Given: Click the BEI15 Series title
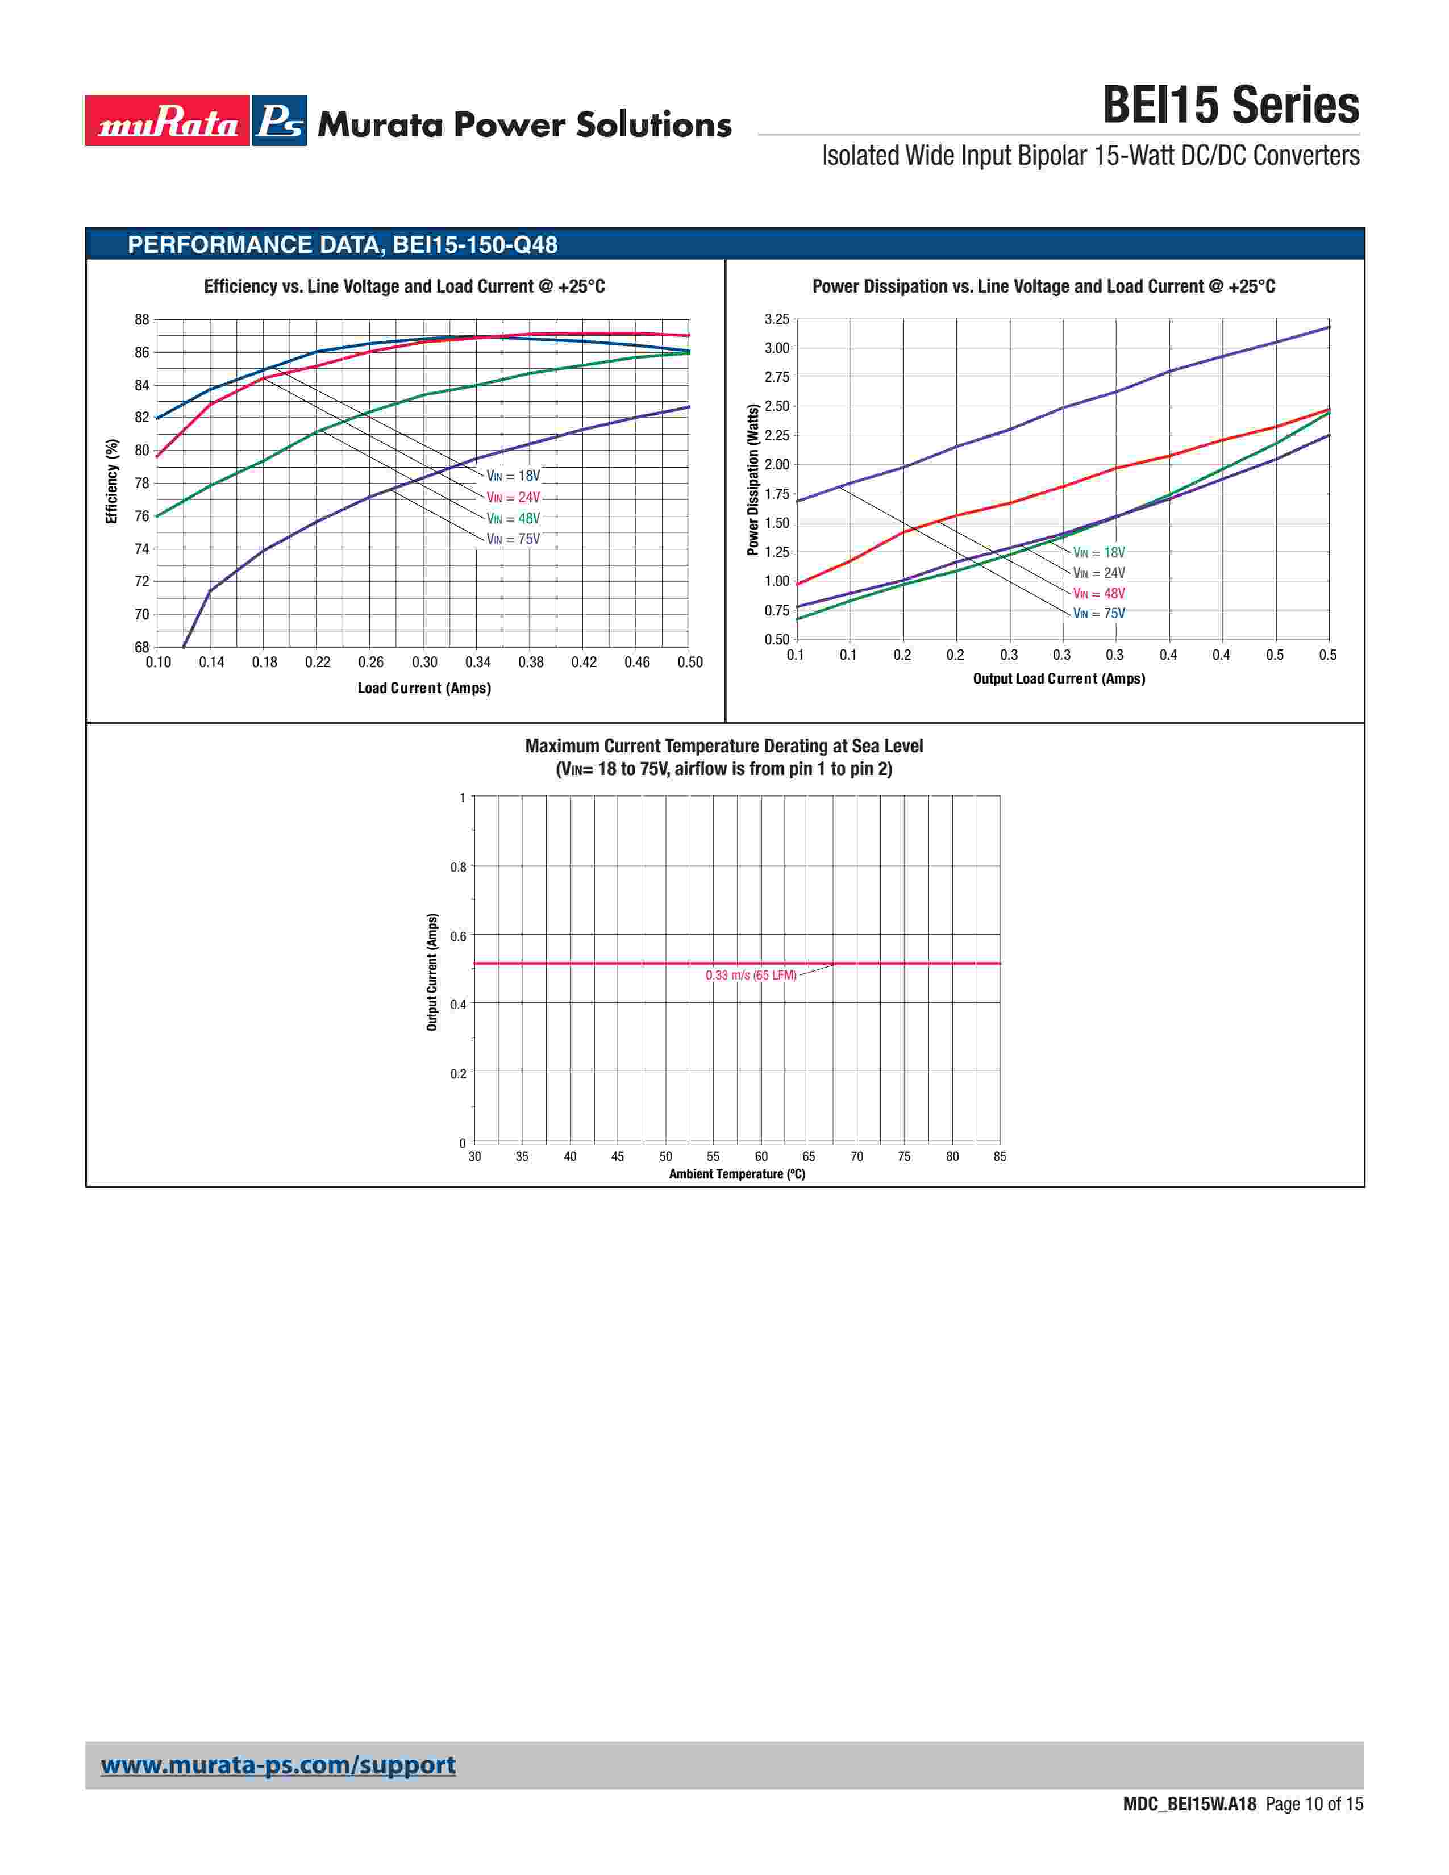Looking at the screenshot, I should click(1230, 106).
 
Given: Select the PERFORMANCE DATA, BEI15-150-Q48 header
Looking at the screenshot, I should click(343, 245).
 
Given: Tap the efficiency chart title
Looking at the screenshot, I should click(405, 287).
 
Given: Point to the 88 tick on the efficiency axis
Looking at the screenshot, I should click(141, 319).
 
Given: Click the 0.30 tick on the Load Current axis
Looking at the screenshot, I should click(424, 662).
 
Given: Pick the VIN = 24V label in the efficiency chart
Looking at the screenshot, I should click(513, 497).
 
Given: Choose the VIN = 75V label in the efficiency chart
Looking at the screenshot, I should click(513, 539).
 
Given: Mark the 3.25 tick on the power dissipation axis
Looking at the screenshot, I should click(776, 319).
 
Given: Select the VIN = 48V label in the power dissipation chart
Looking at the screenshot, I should click(1099, 593).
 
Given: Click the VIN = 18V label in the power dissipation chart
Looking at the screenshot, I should click(1099, 552).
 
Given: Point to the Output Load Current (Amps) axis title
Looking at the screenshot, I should click(1059, 678).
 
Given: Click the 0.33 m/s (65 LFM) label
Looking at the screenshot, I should click(750, 975).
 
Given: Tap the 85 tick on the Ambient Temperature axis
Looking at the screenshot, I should click(999, 1156).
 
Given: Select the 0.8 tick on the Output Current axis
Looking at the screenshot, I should click(459, 867).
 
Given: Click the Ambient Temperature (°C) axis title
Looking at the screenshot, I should click(736, 1174).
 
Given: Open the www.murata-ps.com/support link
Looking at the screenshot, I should click(278, 1765).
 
